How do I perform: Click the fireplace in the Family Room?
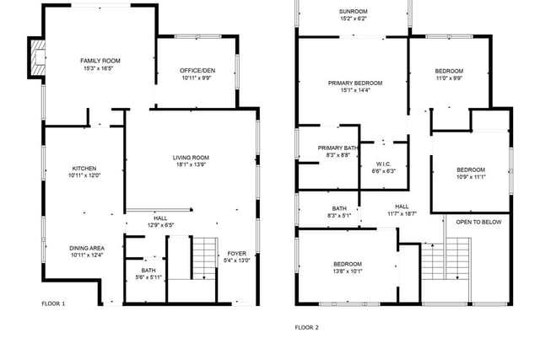[x=37, y=57]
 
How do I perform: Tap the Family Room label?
[x=100, y=61]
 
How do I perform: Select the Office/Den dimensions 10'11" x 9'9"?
[x=197, y=78]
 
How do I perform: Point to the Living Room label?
[x=191, y=158]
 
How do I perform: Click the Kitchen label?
[x=84, y=169]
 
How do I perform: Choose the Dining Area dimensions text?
[x=87, y=255]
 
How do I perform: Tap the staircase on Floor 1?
[x=205, y=258]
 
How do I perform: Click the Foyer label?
[x=236, y=253]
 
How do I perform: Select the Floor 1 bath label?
[x=148, y=270]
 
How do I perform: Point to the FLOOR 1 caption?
[x=53, y=304]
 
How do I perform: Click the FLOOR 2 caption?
[x=307, y=327]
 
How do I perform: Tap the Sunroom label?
[x=353, y=11]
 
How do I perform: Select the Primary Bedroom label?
[x=355, y=83]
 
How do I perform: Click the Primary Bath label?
[x=337, y=148]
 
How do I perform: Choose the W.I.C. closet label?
[x=383, y=164]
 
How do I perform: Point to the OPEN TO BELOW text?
[x=478, y=222]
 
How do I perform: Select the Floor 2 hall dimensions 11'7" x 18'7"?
[x=402, y=213]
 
